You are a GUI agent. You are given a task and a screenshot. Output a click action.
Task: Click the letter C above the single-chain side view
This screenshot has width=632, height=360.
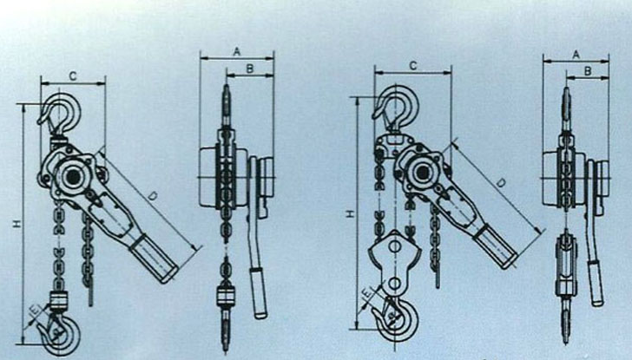pyautogui.click(x=73, y=76)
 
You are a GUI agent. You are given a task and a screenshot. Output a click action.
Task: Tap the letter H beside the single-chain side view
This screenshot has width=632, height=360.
pyautogui.click(x=17, y=225)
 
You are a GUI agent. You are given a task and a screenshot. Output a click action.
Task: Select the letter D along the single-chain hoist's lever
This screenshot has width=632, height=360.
pyautogui.click(x=153, y=197)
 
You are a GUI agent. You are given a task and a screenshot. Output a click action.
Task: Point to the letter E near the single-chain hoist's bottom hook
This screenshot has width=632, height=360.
pyautogui.click(x=35, y=310)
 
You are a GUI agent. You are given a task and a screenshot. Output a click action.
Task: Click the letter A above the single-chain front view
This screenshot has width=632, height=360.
pyautogui.click(x=237, y=51)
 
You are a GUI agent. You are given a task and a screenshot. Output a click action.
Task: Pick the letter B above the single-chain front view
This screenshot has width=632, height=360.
pyautogui.click(x=250, y=69)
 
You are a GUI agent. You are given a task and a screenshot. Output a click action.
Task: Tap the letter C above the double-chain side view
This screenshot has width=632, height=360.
pyautogui.click(x=413, y=66)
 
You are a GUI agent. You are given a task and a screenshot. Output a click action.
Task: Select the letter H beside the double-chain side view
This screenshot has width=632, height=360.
pyautogui.click(x=351, y=213)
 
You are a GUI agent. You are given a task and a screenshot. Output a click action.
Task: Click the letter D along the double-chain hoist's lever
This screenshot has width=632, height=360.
pyautogui.click(x=501, y=183)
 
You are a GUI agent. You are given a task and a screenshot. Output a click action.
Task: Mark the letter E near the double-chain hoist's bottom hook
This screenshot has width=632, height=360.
pyautogui.click(x=366, y=293)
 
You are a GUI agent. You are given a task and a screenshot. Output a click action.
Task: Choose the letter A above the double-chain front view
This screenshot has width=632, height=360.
pyautogui.click(x=576, y=55)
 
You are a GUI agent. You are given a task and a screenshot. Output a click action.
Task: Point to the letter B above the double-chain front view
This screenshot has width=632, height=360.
pyautogui.click(x=588, y=71)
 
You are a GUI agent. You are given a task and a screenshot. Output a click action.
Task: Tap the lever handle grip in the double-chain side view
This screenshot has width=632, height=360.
pyautogui.click(x=496, y=246)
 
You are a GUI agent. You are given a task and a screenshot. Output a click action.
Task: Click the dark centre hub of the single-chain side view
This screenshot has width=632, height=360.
pyautogui.click(x=73, y=177)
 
